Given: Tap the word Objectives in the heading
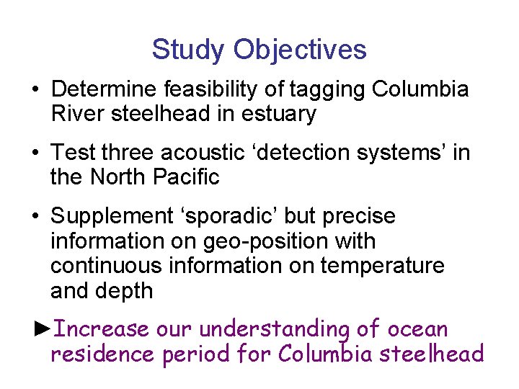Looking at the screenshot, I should pos(300,50).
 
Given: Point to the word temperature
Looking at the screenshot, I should pos(382,266).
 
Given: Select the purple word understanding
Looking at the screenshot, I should pos(273,330).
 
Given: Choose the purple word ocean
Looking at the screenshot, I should pos(418,329).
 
